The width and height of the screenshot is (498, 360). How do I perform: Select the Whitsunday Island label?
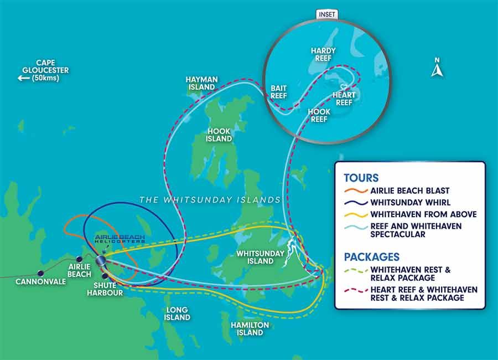point(260,257)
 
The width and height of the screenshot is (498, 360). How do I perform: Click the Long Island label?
point(177,313)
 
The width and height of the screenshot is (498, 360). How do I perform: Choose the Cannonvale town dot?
point(40,273)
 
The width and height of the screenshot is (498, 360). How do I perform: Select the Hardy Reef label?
point(325,54)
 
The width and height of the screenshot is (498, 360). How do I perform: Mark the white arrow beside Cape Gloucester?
point(23,78)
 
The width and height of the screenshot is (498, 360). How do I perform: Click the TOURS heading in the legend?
point(361,178)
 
